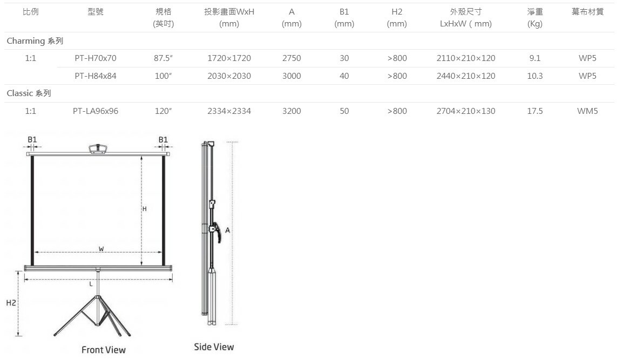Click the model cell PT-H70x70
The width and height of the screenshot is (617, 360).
pos(96,58)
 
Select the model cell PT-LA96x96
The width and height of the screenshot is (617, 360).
pos(96,111)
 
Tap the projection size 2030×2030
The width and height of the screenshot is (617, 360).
pos(229,76)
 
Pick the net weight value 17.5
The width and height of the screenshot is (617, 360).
pos(534,111)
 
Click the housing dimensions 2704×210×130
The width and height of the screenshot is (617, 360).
pos(465,111)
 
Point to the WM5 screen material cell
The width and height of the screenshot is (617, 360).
pos(587,111)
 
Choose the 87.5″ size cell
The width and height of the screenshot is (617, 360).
pos(162,58)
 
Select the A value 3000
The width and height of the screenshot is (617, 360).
pos(291,76)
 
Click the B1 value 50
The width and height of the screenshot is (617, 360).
pos(344,111)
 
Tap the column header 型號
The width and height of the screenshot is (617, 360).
pos(96,12)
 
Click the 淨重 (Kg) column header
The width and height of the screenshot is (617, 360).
pos(534,17)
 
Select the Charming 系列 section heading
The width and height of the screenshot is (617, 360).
pos(31,40)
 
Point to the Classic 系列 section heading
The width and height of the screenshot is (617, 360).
pos(29,93)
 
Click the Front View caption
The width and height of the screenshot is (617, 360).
pos(104,350)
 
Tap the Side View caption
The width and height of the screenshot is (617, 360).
pos(214,347)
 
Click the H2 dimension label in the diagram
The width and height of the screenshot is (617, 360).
pos(11,303)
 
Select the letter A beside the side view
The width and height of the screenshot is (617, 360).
pos(228,230)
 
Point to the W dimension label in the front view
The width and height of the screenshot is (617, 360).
pos(101,249)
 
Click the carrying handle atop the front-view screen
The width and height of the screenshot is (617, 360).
pos(98,147)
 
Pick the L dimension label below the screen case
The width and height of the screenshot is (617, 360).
pos(91,283)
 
